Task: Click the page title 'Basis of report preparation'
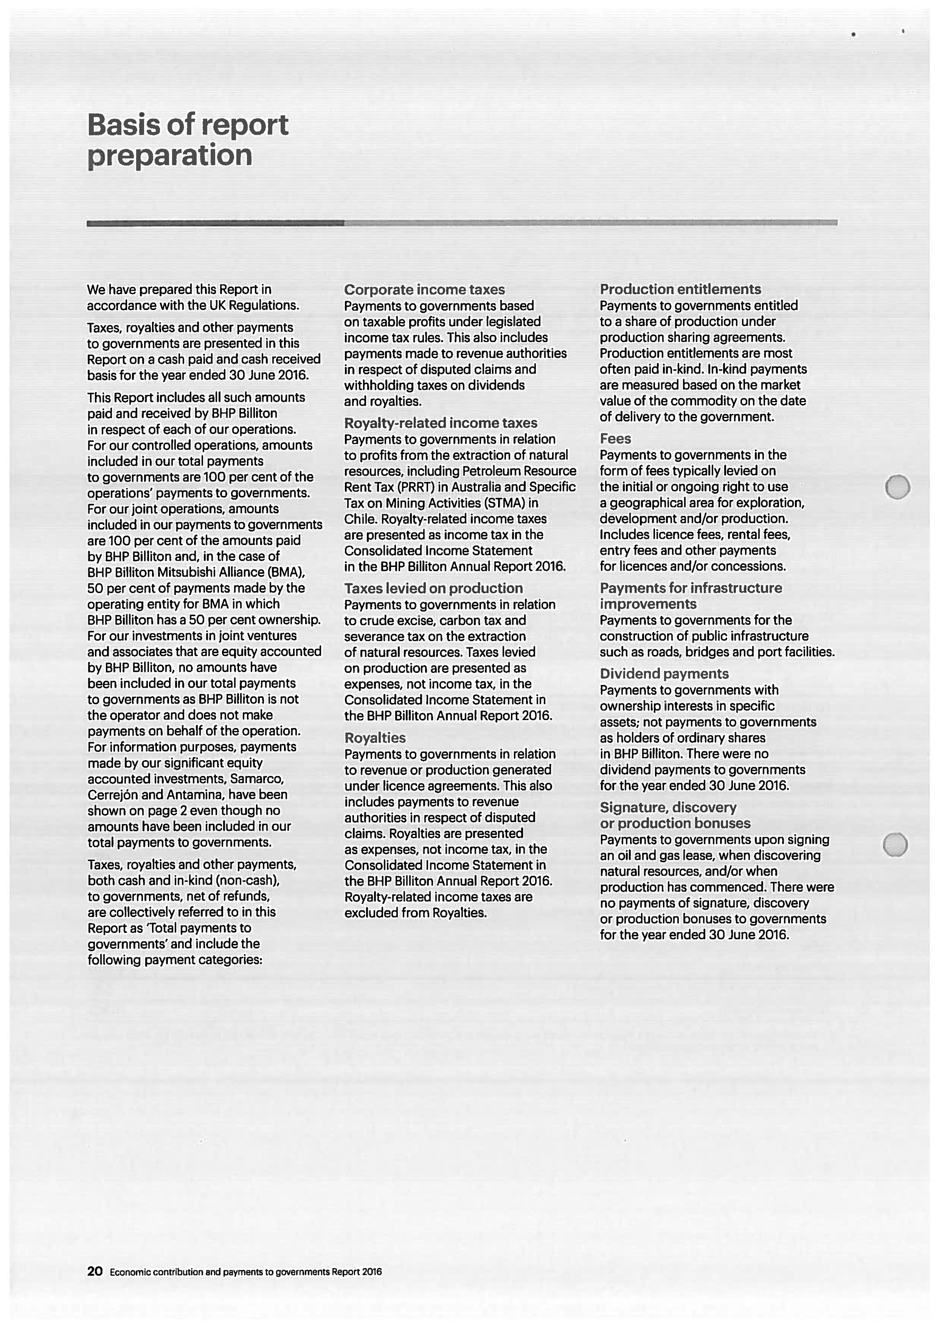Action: coord(188,140)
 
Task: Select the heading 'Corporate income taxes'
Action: coord(424,290)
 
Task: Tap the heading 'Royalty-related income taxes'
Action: coord(440,423)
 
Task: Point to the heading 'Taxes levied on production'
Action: coord(433,589)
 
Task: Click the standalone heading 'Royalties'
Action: coord(375,738)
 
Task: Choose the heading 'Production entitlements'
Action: coord(680,289)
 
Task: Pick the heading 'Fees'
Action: coord(615,439)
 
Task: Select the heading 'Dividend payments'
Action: coord(664,674)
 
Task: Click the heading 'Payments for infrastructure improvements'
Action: coord(690,596)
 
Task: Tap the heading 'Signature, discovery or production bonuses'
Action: coord(675,816)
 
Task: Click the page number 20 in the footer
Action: coord(95,1271)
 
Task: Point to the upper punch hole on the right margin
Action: coord(897,487)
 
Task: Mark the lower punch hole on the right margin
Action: coord(895,845)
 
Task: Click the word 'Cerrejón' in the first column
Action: coord(113,795)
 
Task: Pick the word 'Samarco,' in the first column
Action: coord(256,779)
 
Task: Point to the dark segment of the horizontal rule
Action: coord(215,223)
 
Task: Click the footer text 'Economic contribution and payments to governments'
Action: coord(219,1272)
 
